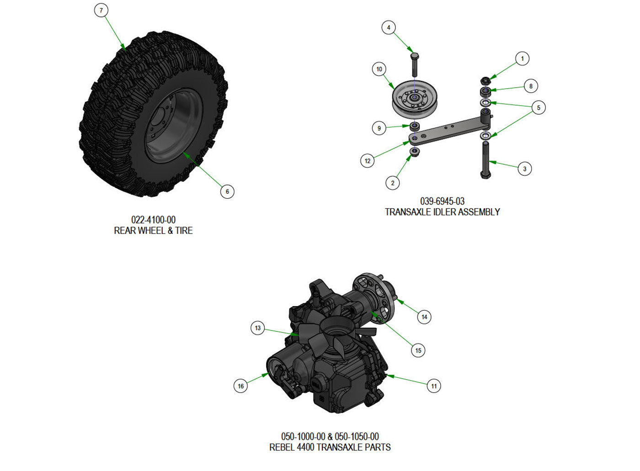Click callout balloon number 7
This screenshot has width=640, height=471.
click(101, 10)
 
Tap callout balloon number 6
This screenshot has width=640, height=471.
click(227, 191)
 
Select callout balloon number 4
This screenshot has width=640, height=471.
click(389, 27)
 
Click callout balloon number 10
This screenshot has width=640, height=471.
click(379, 69)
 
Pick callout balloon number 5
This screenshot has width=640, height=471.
click(539, 108)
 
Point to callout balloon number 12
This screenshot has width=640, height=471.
click(368, 161)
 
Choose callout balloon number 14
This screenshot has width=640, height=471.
click(424, 317)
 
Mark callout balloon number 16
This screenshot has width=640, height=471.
click(241, 386)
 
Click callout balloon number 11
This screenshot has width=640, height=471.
click(434, 386)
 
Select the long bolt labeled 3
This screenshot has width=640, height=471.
click(485, 160)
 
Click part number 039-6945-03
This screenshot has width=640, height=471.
click(442, 201)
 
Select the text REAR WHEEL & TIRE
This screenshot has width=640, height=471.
click(153, 231)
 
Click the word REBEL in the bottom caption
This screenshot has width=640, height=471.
click(282, 447)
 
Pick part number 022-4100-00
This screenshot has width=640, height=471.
click(153, 220)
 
